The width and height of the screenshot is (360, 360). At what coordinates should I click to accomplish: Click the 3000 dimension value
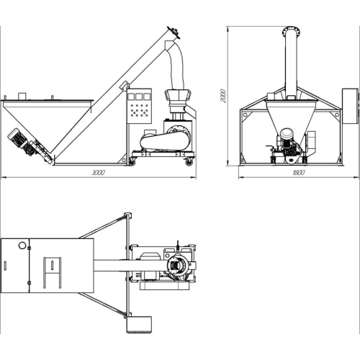99,173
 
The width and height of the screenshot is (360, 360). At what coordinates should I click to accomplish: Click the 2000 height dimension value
223,96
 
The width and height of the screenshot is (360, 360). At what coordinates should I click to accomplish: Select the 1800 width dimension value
299,173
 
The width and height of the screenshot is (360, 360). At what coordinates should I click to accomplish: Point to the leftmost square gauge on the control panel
131,96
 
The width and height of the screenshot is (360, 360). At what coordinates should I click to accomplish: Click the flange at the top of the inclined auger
174,32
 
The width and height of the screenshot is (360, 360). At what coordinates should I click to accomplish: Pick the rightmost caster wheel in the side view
189,162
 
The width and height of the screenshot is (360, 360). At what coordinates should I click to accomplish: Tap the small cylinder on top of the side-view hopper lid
22,96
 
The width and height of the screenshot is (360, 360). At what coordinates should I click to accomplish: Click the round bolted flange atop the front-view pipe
291,31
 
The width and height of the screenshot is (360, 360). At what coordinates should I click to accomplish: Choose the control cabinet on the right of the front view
350,106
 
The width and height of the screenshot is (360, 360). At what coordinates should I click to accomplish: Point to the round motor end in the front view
286,134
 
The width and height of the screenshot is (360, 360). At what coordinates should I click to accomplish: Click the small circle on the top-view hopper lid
22,246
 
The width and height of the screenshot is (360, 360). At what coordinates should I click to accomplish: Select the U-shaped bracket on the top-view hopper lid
52,273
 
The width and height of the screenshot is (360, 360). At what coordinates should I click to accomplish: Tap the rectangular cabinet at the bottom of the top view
139,325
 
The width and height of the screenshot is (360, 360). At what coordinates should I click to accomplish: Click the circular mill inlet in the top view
178,265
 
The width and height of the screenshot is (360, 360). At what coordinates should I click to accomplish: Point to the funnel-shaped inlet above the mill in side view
178,96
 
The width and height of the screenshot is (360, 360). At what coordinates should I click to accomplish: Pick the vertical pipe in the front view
291,65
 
